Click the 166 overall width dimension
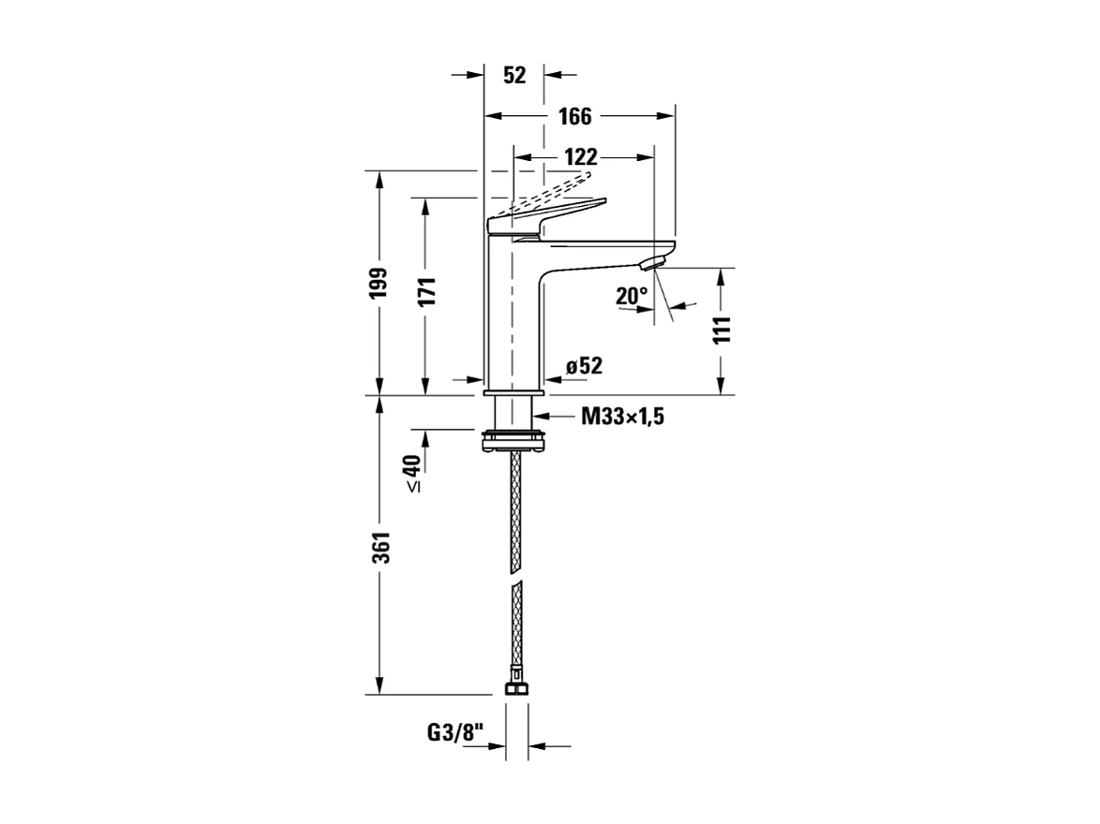pyautogui.click(x=574, y=116)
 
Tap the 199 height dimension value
pyautogui.click(x=379, y=283)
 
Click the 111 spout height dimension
pyautogui.click(x=721, y=331)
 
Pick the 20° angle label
pyautogui.click(x=632, y=297)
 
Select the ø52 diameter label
pyautogui.click(x=583, y=366)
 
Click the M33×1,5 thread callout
pyautogui.click(x=622, y=417)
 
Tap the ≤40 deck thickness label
pyautogui.click(x=412, y=474)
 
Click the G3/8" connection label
pyautogui.click(x=454, y=733)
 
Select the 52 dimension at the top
pyautogui.click(x=514, y=75)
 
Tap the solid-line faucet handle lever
pyautogui.click(x=553, y=215)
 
